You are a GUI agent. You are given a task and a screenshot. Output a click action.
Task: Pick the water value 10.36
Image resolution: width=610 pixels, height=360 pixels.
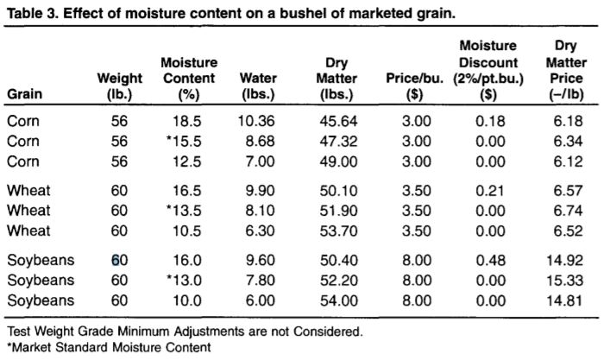(256, 122)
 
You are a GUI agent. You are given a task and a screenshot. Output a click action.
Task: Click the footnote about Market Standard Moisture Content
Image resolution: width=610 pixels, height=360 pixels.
(107, 347)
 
